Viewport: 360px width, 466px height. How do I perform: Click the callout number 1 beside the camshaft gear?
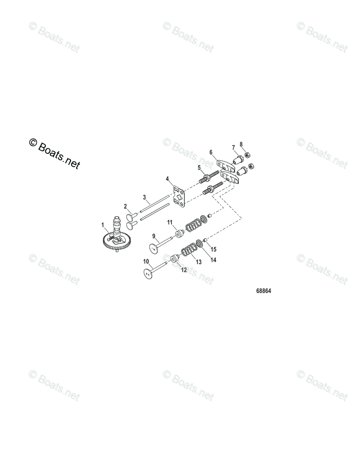(x=103, y=225)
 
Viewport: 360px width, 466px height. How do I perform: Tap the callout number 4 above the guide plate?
(x=167, y=178)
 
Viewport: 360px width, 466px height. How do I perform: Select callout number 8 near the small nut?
(x=241, y=144)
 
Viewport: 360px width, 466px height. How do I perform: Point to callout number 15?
(x=213, y=249)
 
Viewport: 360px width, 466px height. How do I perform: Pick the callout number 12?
(x=184, y=270)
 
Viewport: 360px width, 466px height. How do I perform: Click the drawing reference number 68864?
(x=264, y=291)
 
